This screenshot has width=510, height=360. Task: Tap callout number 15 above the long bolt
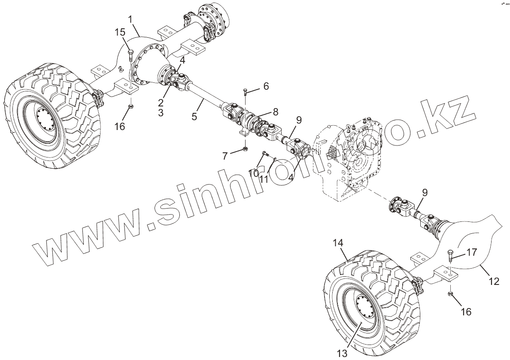[x=120, y=33]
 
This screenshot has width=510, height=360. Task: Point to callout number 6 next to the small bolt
[x=266, y=86]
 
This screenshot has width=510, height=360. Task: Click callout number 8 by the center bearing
[x=275, y=112]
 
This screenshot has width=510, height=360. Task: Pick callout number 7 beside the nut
[x=225, y=156]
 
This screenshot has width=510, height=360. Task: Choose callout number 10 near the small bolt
[x=253, y=172]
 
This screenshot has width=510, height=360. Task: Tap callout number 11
[x=264, y=178]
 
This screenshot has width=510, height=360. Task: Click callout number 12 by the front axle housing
[x=494, y=281]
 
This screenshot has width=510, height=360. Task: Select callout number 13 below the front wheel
[x=342, y=353]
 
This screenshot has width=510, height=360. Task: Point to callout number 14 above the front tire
[x=338, y=243]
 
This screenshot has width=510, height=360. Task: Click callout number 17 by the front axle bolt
[x=471, y=253]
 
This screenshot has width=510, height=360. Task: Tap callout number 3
[x=161, y=113]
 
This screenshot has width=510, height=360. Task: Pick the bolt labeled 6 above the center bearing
[x=245, y=91]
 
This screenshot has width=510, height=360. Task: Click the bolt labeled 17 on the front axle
[x=450, y=254]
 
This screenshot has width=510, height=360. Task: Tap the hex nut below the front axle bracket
[x=450, y=294]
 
